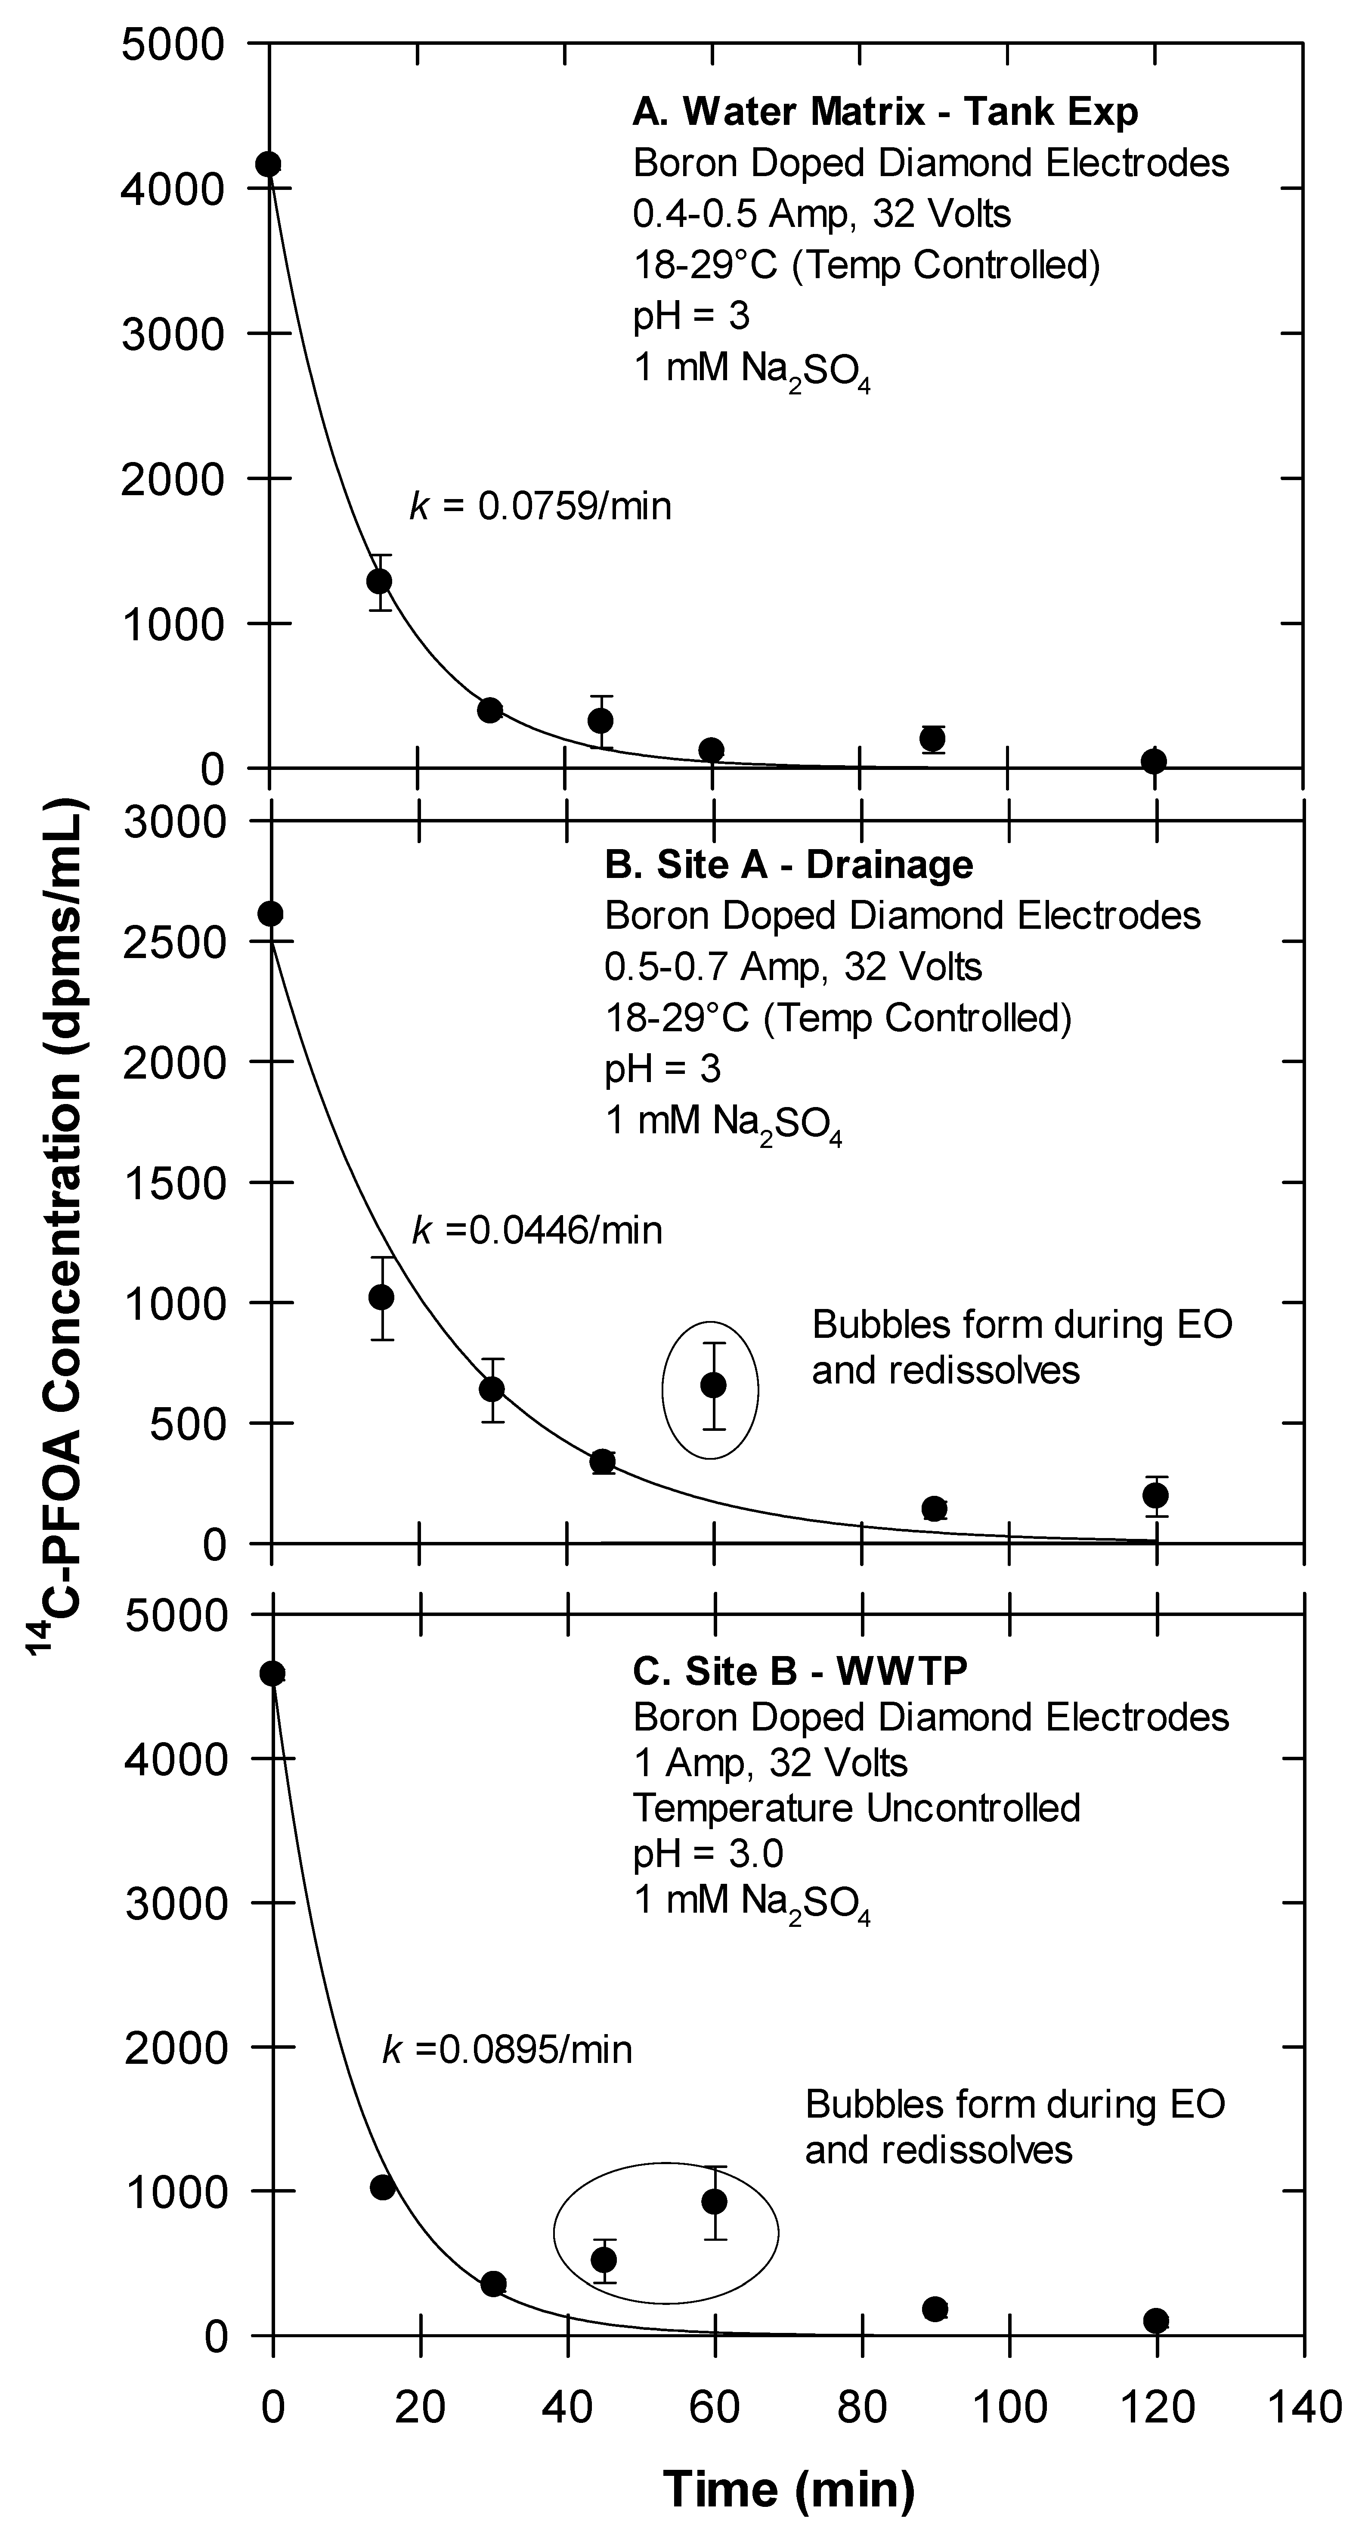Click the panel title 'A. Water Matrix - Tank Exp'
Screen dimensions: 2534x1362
coord(885,112)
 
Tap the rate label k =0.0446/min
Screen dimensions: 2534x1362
coord(536,1230)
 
